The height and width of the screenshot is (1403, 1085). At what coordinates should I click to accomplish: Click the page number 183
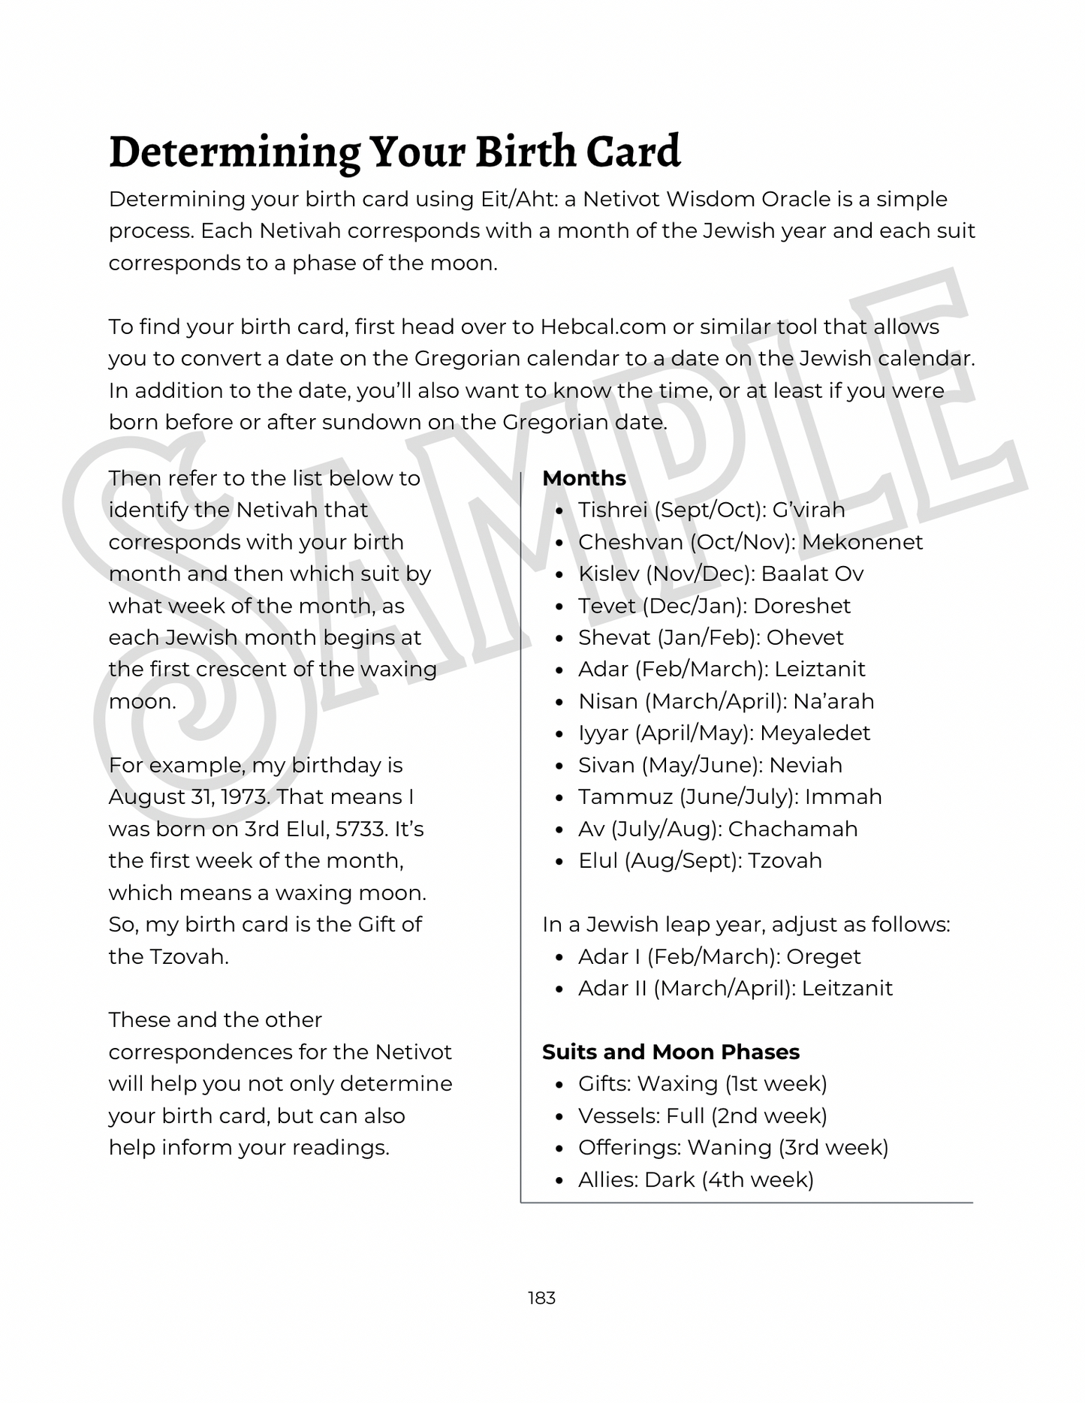click(541, 1297)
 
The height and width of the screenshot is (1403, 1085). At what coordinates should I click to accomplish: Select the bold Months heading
click(584, 478)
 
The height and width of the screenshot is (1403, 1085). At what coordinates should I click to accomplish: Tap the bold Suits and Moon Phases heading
click(671, 1052)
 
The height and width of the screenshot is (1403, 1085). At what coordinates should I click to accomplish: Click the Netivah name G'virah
click(809, 510)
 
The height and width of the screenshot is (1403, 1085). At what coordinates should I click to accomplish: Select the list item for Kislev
click(721, 574)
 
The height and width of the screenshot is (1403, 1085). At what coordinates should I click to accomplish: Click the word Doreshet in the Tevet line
click(802, 606)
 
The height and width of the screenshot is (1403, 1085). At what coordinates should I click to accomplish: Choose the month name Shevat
click(614, 637)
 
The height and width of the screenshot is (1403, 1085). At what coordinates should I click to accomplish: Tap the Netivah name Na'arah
click(833, 701)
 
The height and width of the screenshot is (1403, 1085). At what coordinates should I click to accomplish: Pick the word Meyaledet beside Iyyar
click(815, 733)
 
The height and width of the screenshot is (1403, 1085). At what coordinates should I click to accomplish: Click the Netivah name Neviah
click(806, 765)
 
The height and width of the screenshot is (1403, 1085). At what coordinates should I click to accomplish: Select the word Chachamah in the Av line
click(792, 829)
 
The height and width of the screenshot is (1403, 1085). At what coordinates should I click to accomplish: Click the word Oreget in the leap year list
click(824, 956)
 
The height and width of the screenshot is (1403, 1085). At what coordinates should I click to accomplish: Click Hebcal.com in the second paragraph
click(603, 327)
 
